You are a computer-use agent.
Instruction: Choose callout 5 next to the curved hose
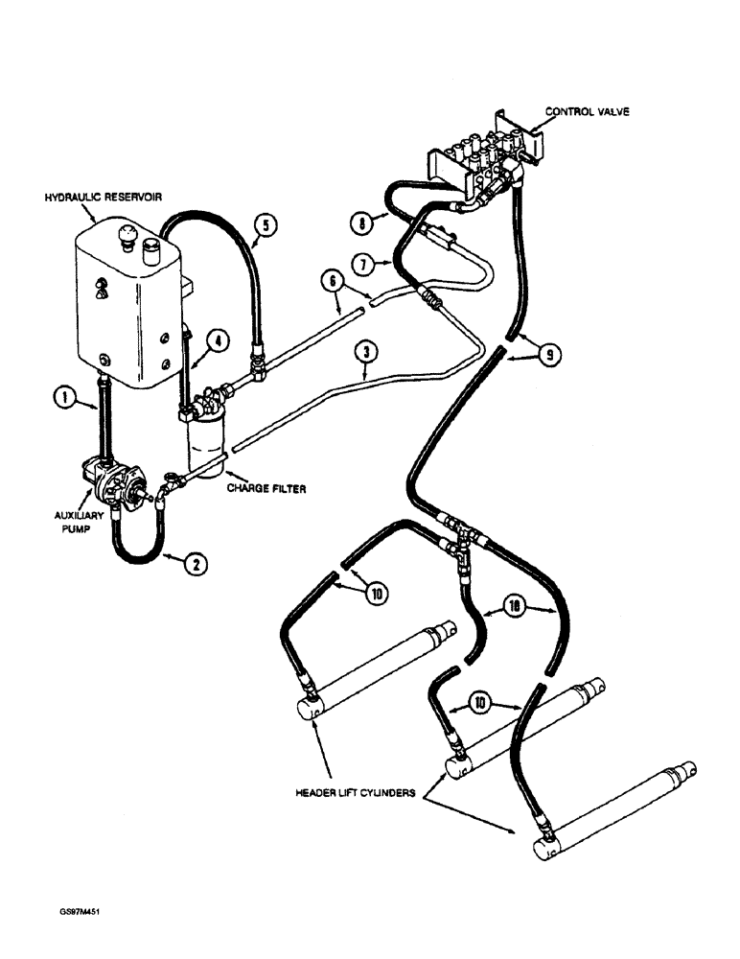(266, 226)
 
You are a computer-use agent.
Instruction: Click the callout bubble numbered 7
(362, 263)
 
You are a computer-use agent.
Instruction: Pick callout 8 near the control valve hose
(361, 222)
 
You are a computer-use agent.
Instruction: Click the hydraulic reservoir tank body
(125, 297)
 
